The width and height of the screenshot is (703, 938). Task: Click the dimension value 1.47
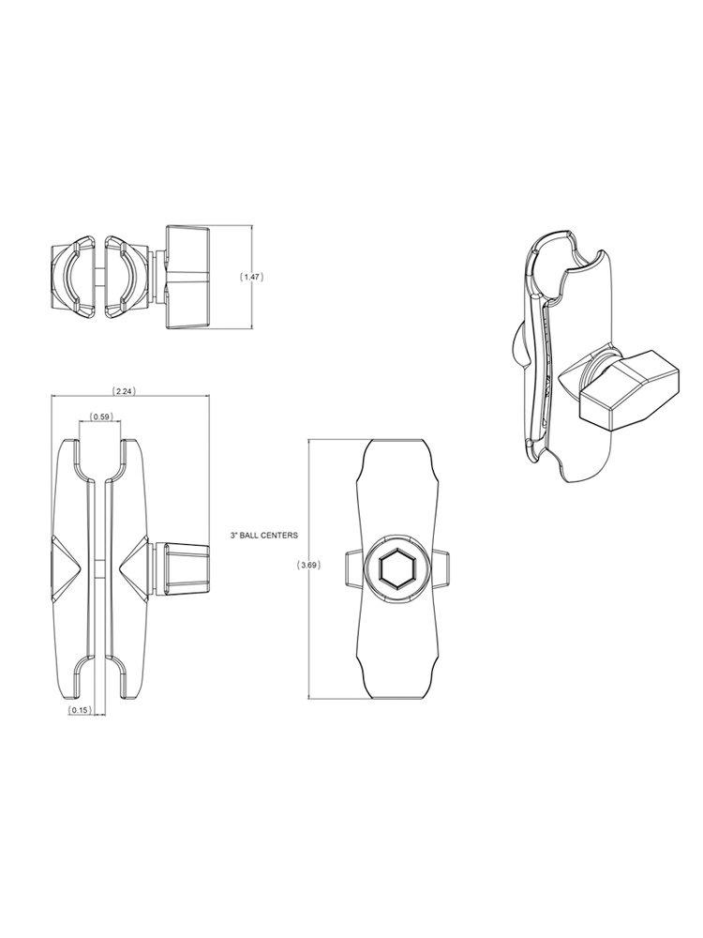[251, 277]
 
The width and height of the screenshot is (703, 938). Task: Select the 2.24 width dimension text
[125, 390]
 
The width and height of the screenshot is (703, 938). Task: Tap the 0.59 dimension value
[100, 416]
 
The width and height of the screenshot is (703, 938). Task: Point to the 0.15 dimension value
[79, 709]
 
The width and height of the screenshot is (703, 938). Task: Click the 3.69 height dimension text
[308, 566]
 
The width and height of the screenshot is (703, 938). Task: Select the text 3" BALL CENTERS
[263, 536]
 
